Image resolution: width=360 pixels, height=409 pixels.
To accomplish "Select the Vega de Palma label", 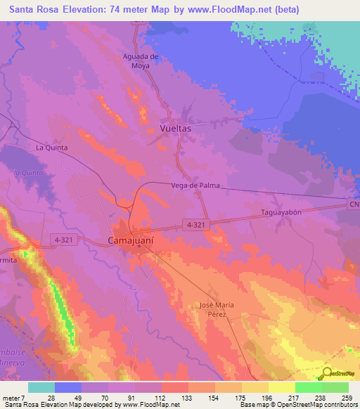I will [195, 186].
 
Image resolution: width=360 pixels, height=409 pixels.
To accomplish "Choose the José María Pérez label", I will [221, 310].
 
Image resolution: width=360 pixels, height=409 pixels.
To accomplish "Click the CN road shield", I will [353, 204].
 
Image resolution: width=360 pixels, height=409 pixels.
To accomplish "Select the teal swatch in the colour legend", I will [41, 387].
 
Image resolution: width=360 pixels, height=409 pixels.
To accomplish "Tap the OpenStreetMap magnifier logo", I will [328, 372].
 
